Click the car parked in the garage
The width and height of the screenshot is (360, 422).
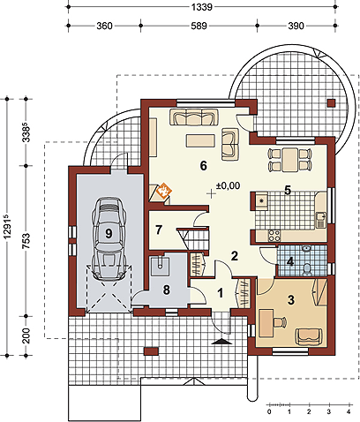pos(109,238)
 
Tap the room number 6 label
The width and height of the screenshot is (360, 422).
pos(203,166)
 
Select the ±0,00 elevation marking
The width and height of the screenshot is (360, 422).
pos(228,185)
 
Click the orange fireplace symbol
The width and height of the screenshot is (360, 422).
pos(164,191)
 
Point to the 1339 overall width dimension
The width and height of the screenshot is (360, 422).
pos(202,7)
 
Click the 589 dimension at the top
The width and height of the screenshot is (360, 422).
pos(199,26)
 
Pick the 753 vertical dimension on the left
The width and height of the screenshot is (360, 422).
pos(26,241)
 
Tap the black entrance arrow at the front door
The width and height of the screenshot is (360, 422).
pos(221,342)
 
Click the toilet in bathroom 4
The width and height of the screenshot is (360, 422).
pos(307,269)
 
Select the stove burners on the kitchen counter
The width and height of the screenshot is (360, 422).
pos(274,236)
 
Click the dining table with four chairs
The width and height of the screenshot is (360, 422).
pos(290,160)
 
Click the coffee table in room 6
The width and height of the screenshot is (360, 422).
pos(200,140)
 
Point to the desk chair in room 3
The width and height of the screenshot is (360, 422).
pos(280,322)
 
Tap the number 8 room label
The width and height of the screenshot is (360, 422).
pos(167,290)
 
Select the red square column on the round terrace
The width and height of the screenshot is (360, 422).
pos(332,103)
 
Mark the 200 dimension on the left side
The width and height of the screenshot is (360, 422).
pos(26,335)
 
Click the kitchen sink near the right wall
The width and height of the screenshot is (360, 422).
pos(320,220)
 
